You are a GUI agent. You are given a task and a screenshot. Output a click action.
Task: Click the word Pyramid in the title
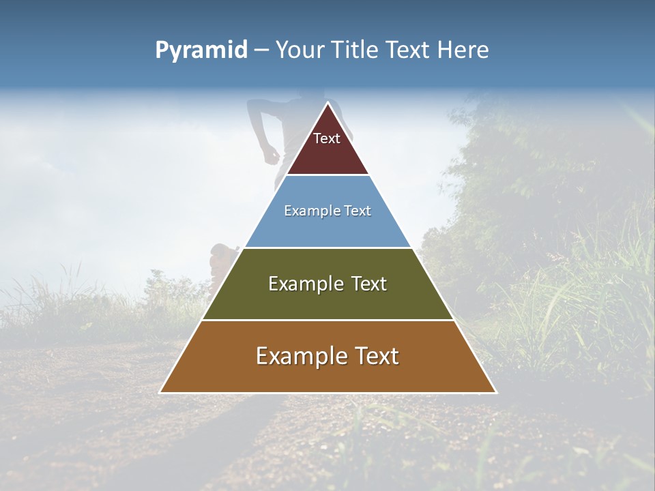click(201, 50)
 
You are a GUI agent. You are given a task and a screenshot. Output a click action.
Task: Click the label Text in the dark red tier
click(327, 138)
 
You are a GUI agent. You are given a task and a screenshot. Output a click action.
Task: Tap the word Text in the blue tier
click(357, 211)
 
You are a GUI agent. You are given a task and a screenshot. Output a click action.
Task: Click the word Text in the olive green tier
click(369, 284)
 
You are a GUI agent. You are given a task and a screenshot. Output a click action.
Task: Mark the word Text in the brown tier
click(376, 356)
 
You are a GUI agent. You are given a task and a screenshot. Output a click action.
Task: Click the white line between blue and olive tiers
click(327, 248)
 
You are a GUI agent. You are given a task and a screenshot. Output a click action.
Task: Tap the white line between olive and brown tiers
click(327, 320)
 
